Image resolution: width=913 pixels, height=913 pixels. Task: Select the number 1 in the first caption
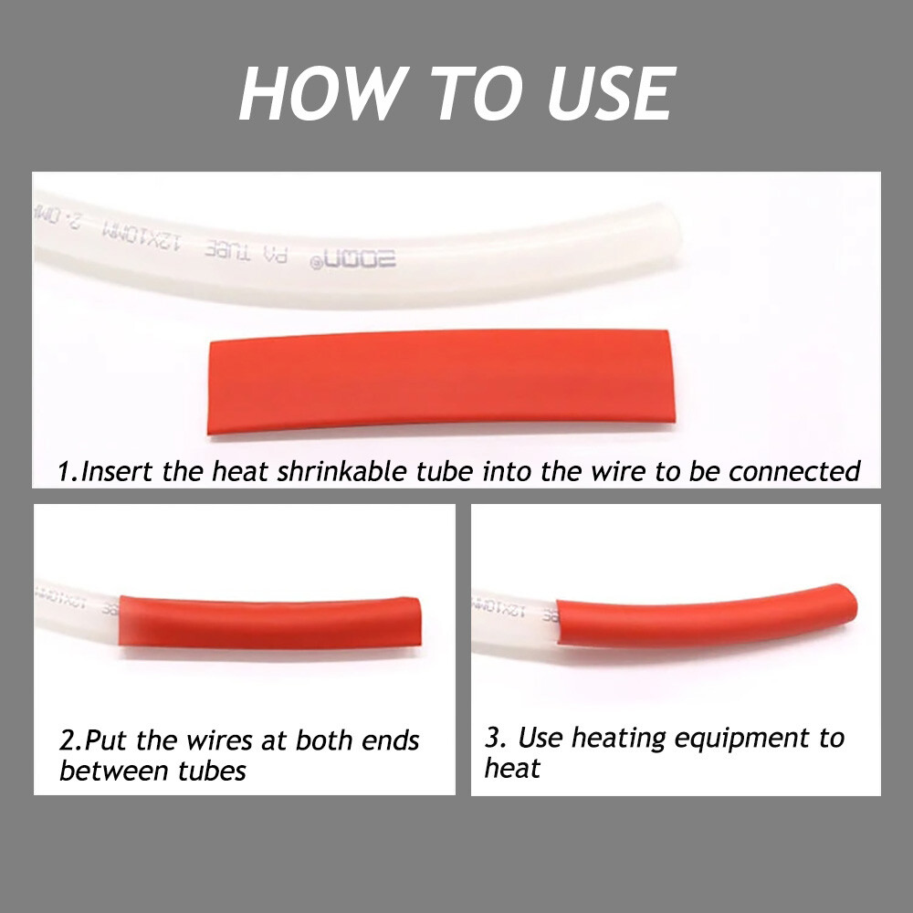pyautogui.click(x=65, y=472)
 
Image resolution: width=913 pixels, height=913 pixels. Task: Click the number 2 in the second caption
pyautogui.click(x=67, y=740)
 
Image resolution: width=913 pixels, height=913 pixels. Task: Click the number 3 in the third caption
pyautogui.click(x=491, y=738)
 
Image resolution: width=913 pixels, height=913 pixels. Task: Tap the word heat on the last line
pyautogui.click(x=512, y=768)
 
